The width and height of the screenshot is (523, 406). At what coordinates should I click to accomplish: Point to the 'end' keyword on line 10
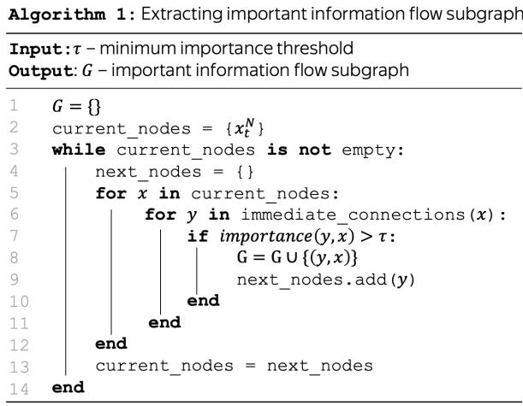(x=203, y=300)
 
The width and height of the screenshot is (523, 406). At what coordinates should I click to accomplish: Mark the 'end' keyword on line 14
(x=68, y=387)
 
